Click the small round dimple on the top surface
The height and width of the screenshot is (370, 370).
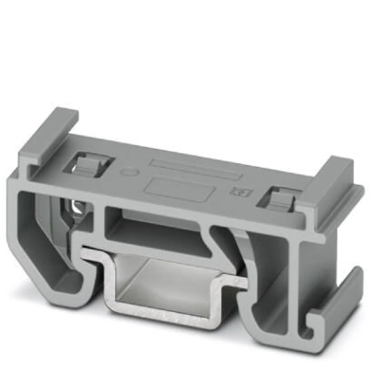click(130, 172)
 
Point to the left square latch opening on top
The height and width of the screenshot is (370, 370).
click(88, 165)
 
